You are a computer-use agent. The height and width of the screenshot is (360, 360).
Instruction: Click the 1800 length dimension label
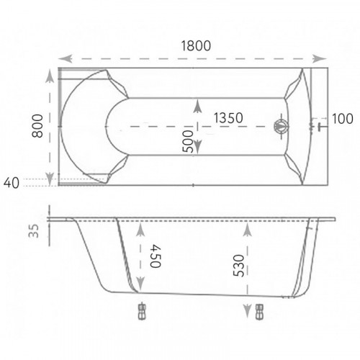tap(196, 45)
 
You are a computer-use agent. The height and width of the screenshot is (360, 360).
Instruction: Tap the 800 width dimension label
tap(37, 126)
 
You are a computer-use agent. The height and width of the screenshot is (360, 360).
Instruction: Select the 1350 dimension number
tap(228, 118)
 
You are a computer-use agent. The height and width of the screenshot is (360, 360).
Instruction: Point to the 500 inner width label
tap(188, 141)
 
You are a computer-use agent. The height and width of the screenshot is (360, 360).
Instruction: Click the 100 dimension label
tap(343, 119)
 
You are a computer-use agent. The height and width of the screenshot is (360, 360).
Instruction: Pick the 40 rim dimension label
tap(12, 183)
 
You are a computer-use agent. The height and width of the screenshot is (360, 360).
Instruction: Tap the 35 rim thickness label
tap(34, 230)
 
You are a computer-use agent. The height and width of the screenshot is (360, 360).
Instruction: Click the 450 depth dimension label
tap(156, 256)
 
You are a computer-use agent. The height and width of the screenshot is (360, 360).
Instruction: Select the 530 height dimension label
tap(239, 266)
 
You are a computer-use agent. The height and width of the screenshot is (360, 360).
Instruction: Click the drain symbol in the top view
tap(281, 126)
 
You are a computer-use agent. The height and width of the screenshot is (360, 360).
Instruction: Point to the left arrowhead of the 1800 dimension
tap(65, 58)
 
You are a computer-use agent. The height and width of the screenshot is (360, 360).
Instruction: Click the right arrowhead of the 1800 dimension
tap(320, 58)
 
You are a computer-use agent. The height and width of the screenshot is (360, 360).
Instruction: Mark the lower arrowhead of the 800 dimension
tap(50, 179)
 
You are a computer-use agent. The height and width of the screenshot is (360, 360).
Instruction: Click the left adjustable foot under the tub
tap(143, 311)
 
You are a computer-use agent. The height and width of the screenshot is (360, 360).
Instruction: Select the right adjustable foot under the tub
tap(260, 312)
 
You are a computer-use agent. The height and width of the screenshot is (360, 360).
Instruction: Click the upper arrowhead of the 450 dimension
tap(140, 230)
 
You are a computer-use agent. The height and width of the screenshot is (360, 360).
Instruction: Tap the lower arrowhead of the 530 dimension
tap(248, 311)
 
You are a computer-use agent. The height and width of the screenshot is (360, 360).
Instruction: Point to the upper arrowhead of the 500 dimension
tap(197, 106)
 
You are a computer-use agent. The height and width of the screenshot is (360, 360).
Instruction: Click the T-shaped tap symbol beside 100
tap(320, 127)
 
